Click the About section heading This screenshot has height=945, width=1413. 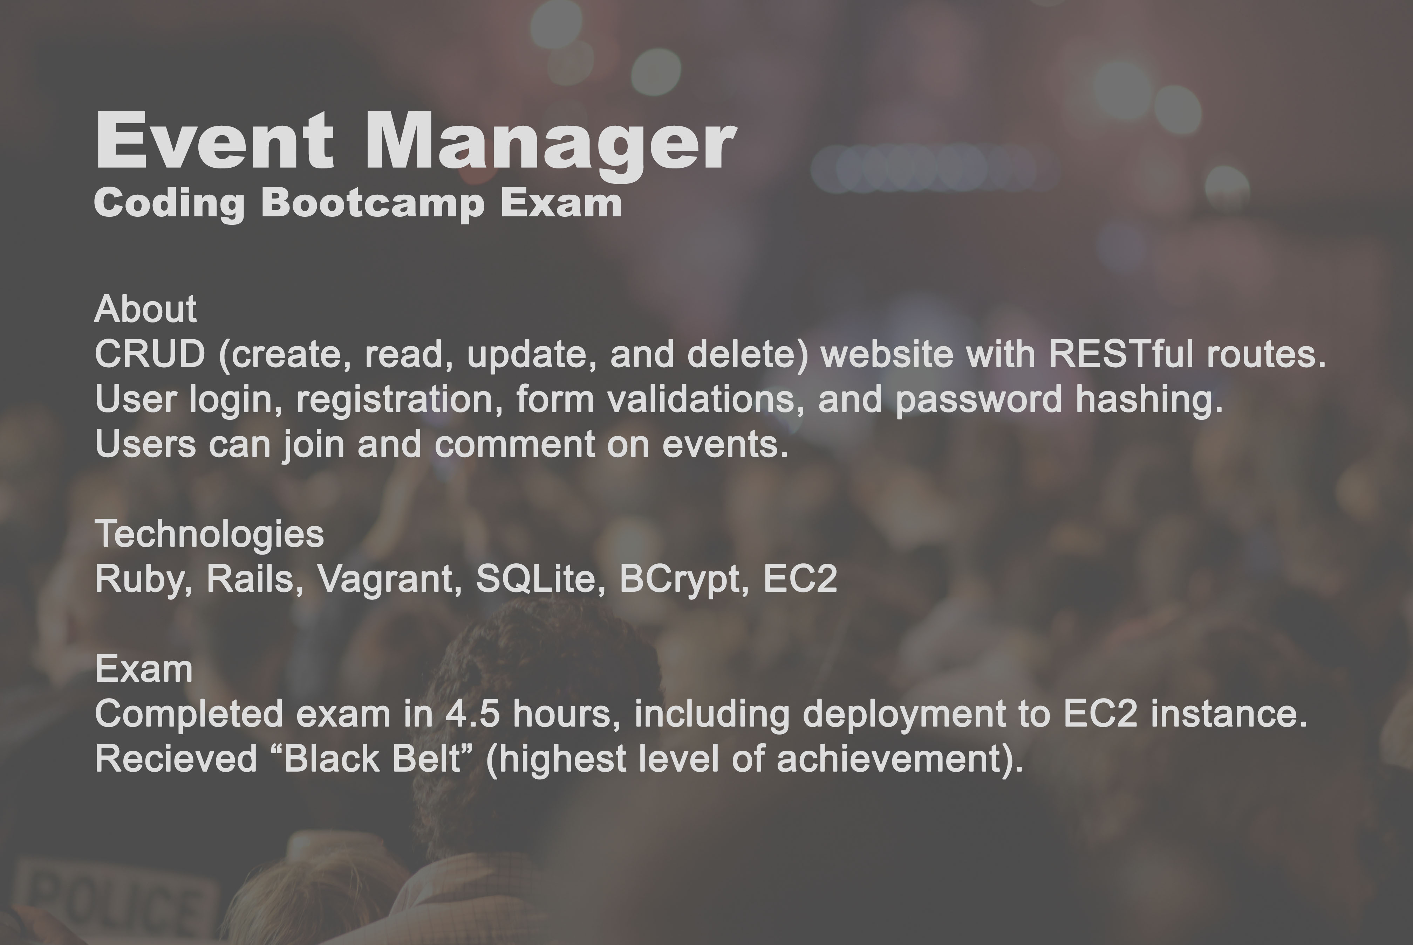click(x=145, y=309)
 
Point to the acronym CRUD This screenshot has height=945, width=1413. click(x=150, y=354)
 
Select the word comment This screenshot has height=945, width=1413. click(x=514, y=445)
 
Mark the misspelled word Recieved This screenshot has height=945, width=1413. click(x=176, y=759)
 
